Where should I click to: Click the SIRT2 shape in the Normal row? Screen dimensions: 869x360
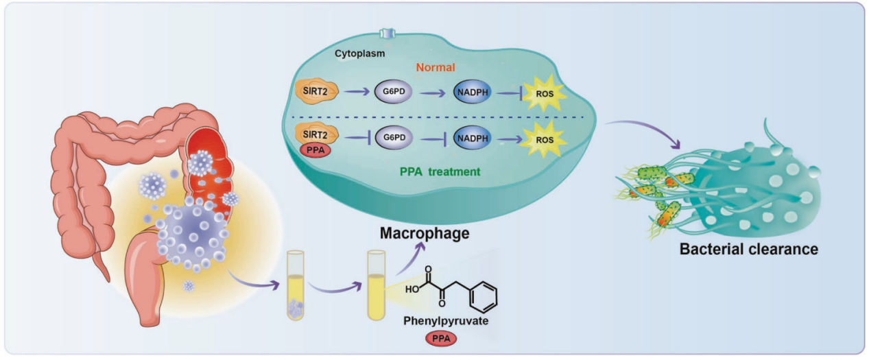316,92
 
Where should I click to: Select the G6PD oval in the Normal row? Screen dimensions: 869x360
393,92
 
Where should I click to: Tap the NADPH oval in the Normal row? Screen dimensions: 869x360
472,92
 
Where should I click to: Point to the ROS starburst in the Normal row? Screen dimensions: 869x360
545,93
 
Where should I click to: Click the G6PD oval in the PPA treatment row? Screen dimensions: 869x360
394,137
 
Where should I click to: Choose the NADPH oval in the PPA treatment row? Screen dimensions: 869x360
473,138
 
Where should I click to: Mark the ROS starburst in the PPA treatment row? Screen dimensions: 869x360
545,140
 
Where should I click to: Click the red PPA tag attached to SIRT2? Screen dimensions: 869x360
316,150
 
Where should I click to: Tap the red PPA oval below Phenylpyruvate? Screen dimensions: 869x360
441,338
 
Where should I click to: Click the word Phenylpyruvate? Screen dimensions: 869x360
446,321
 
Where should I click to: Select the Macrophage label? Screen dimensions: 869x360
425,233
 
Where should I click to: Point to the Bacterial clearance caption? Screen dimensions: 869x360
749,249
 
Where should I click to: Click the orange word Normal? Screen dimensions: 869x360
436,67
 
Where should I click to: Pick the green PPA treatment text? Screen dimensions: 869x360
440,171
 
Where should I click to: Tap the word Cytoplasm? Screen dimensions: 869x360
359,53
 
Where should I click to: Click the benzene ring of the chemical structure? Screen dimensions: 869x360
483,297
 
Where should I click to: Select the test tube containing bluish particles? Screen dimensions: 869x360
295,285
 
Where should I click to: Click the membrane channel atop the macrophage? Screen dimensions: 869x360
387,34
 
